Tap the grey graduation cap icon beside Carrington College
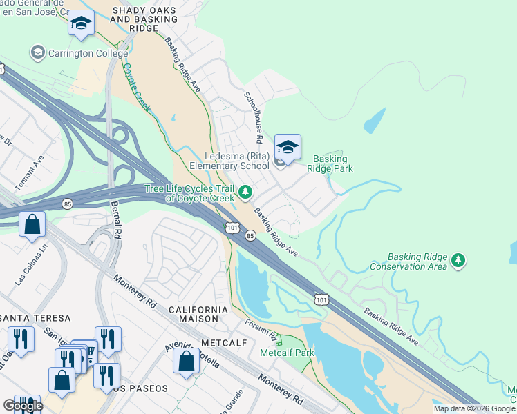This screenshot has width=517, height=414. point(37,52)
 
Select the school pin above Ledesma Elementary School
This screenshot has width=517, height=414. point(288,147)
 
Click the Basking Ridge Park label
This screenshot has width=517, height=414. point(333,164)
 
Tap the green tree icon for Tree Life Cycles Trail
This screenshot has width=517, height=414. point(245,193)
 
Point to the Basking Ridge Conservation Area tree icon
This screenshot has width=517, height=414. point(458,261)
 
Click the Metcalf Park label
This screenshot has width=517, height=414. point(287,353)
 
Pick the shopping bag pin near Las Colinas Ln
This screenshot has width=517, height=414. point(32,224)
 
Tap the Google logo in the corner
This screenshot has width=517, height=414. point(22,406)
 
